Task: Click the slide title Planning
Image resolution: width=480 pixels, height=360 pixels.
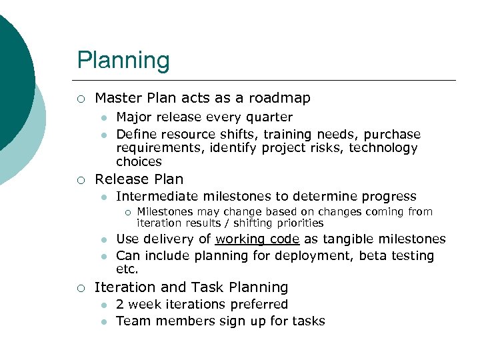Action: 123,61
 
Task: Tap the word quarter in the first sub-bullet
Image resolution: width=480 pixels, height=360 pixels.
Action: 269,118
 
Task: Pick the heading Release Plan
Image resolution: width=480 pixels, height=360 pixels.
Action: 139,179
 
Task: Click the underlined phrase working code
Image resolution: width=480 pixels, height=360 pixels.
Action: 257,239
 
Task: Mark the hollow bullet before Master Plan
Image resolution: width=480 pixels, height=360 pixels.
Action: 80,99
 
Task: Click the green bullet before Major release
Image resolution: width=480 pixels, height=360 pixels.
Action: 103,119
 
